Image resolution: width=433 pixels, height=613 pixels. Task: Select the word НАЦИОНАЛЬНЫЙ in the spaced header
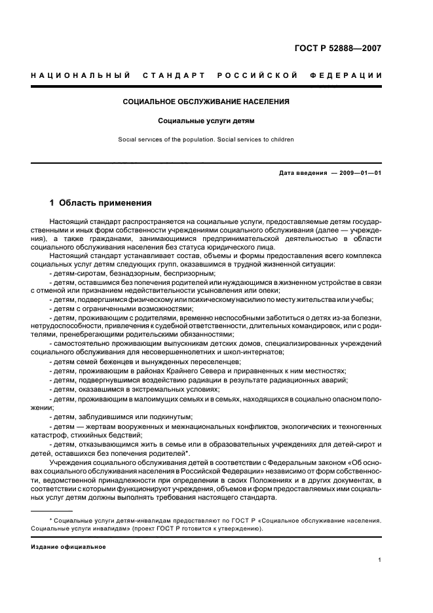81,75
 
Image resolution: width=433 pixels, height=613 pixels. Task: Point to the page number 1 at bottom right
380,559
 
